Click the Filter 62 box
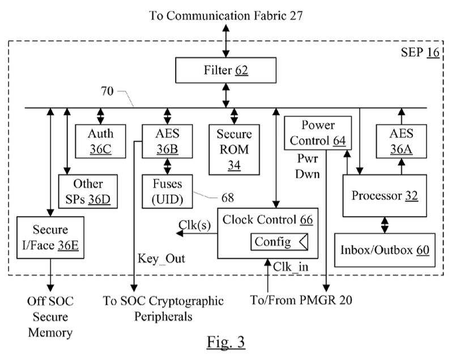tap(226, 71)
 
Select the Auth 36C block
tap(100, 141)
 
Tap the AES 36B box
tap(168, 141)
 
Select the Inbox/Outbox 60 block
tap(384, 249)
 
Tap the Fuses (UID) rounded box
tap(168, 192)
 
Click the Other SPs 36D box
tap(88, 191)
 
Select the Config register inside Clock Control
tap(278, 242)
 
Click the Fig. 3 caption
tap(225, 342)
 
